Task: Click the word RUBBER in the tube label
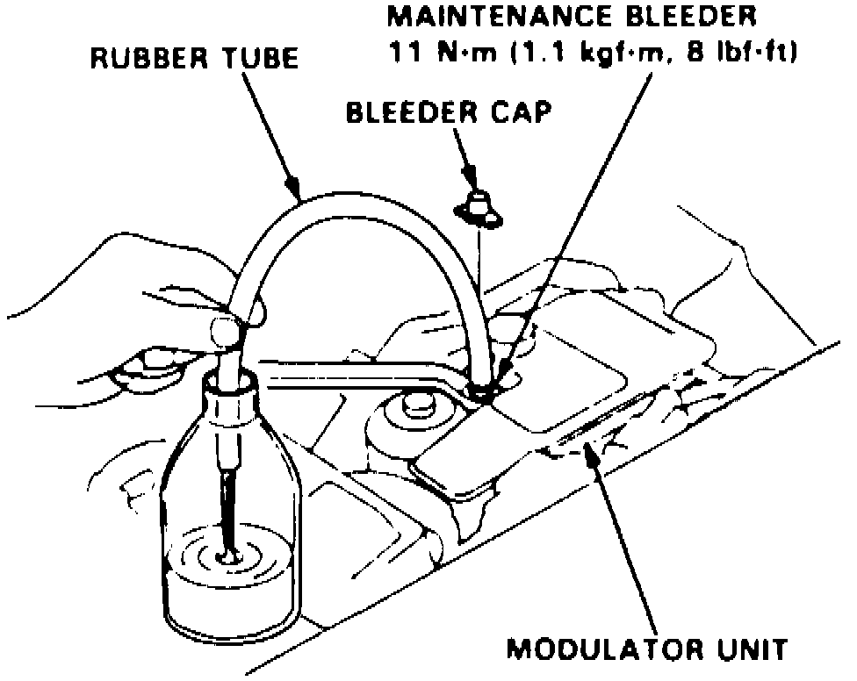(140, 60)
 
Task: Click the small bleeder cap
(477, 207)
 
